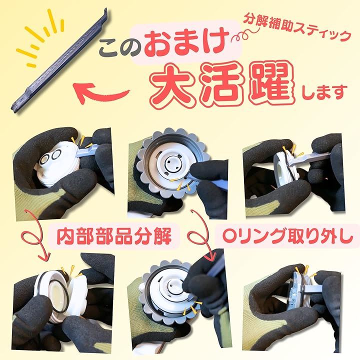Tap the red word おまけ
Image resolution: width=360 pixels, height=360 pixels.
(x=186, y=43)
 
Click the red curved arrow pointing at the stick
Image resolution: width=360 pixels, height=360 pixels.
(x=100, y=93)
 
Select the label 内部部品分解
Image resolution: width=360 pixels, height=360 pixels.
(x=114, y=235)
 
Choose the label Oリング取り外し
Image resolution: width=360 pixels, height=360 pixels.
(x=287, y=235)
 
